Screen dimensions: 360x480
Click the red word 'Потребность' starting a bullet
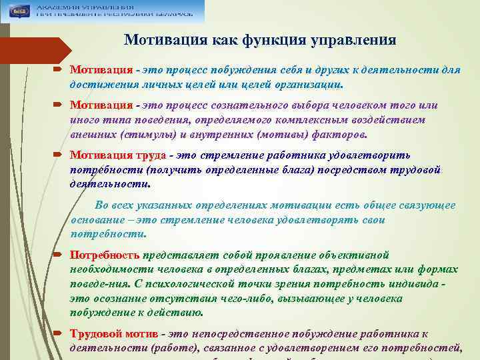click(x=105, y=255)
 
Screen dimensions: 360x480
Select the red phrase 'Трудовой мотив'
click(x=114, y=333)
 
